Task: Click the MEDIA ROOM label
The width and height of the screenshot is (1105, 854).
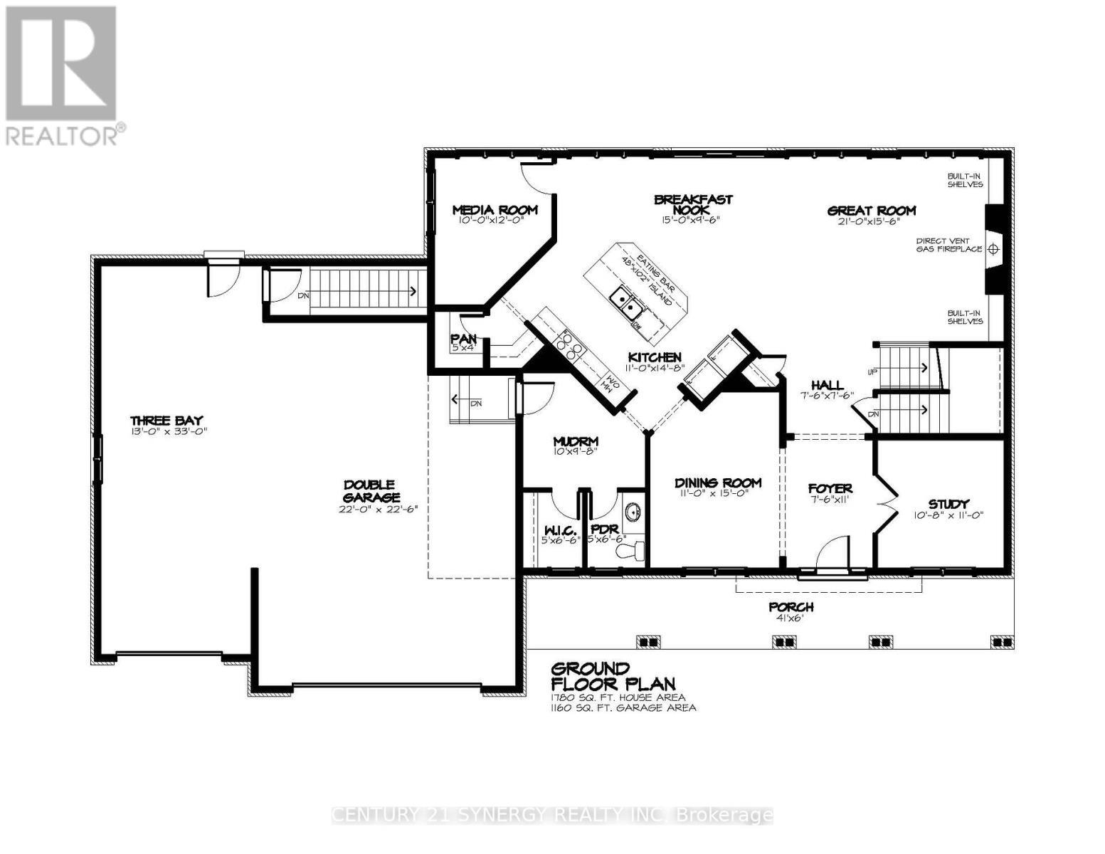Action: tap(495, 210)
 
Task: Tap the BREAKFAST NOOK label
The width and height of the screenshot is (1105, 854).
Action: tap(693, 205)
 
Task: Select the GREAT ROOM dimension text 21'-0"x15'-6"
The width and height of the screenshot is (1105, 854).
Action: tap(871, 222)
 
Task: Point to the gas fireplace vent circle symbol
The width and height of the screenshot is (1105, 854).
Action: tap(994, 249)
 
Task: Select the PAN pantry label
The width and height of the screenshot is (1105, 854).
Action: tap(463, 339)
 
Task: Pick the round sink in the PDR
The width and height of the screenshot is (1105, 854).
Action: tap(630, 512)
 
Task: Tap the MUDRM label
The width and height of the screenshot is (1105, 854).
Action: tap(576, 441)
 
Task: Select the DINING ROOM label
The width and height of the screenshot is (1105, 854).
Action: tap(718, 483)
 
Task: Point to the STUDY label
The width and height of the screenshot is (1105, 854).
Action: tap(948, 504)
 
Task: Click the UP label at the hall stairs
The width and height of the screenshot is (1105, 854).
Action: tap(872, 372)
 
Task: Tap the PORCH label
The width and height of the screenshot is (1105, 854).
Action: tap(791, 607)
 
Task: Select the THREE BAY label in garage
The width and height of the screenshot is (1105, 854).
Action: tap(166, 420)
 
